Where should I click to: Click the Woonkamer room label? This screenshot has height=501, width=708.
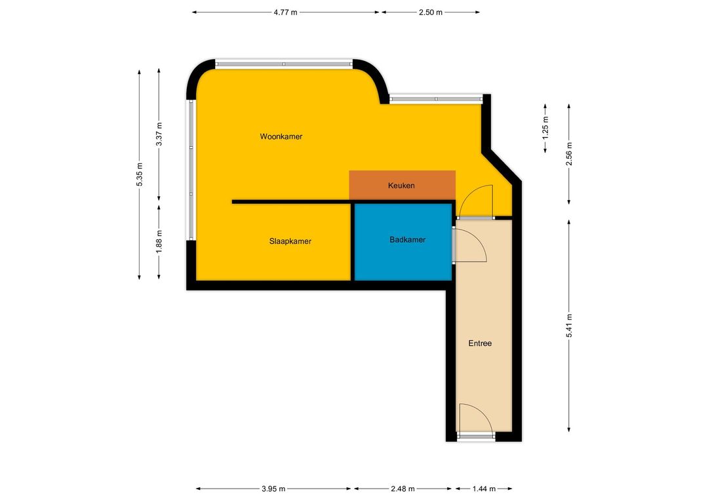pyautogui.click(x=281, y=136)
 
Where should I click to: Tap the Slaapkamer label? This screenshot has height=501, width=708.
pyautogui.click(x=290, y=241)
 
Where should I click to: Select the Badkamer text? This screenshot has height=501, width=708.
pyautogui.click(x=407, y=240)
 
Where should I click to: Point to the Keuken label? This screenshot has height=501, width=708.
pyautogui.click(x=401, y=186)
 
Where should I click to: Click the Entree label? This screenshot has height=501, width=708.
pyautogui.click(x=480, y=344)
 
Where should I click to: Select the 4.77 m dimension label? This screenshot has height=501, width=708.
pyautogui.click(x=285, y=12)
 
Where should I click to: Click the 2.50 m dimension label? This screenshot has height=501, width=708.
pyautogui.click(x=430, y=12)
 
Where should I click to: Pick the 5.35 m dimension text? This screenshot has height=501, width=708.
pyautogui.click(x=140, y=174)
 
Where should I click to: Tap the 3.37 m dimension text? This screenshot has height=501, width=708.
pyautogui.click(x=159, y=134)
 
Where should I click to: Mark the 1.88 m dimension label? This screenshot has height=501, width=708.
pyautogui.click(x=159, y=242)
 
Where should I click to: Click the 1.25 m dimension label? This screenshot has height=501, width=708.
pyautogui.click(x=545, y=128)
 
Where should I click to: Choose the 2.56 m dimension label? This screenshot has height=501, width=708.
pyautogui.click(x=569, y=154)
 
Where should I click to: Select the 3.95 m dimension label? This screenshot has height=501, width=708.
pyautogui.click(x=273, y=489)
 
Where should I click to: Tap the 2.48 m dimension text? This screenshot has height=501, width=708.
pyautogui.click(x=403, y=489)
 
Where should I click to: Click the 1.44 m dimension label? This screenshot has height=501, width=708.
pyautogui.click(x=484, y=489)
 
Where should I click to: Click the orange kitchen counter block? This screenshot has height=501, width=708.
pyautogui.click(x=403, y=185)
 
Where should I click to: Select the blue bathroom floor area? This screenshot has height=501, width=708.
pyautogui.click(x=403, y=242)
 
